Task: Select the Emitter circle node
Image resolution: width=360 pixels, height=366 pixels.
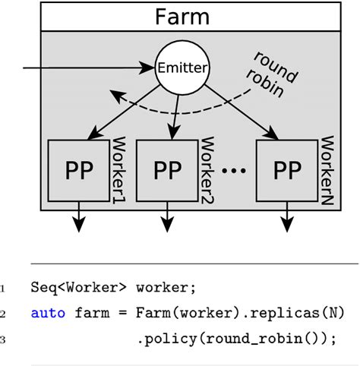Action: (179, 69)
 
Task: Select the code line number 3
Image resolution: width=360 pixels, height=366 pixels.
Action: (3, 339)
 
